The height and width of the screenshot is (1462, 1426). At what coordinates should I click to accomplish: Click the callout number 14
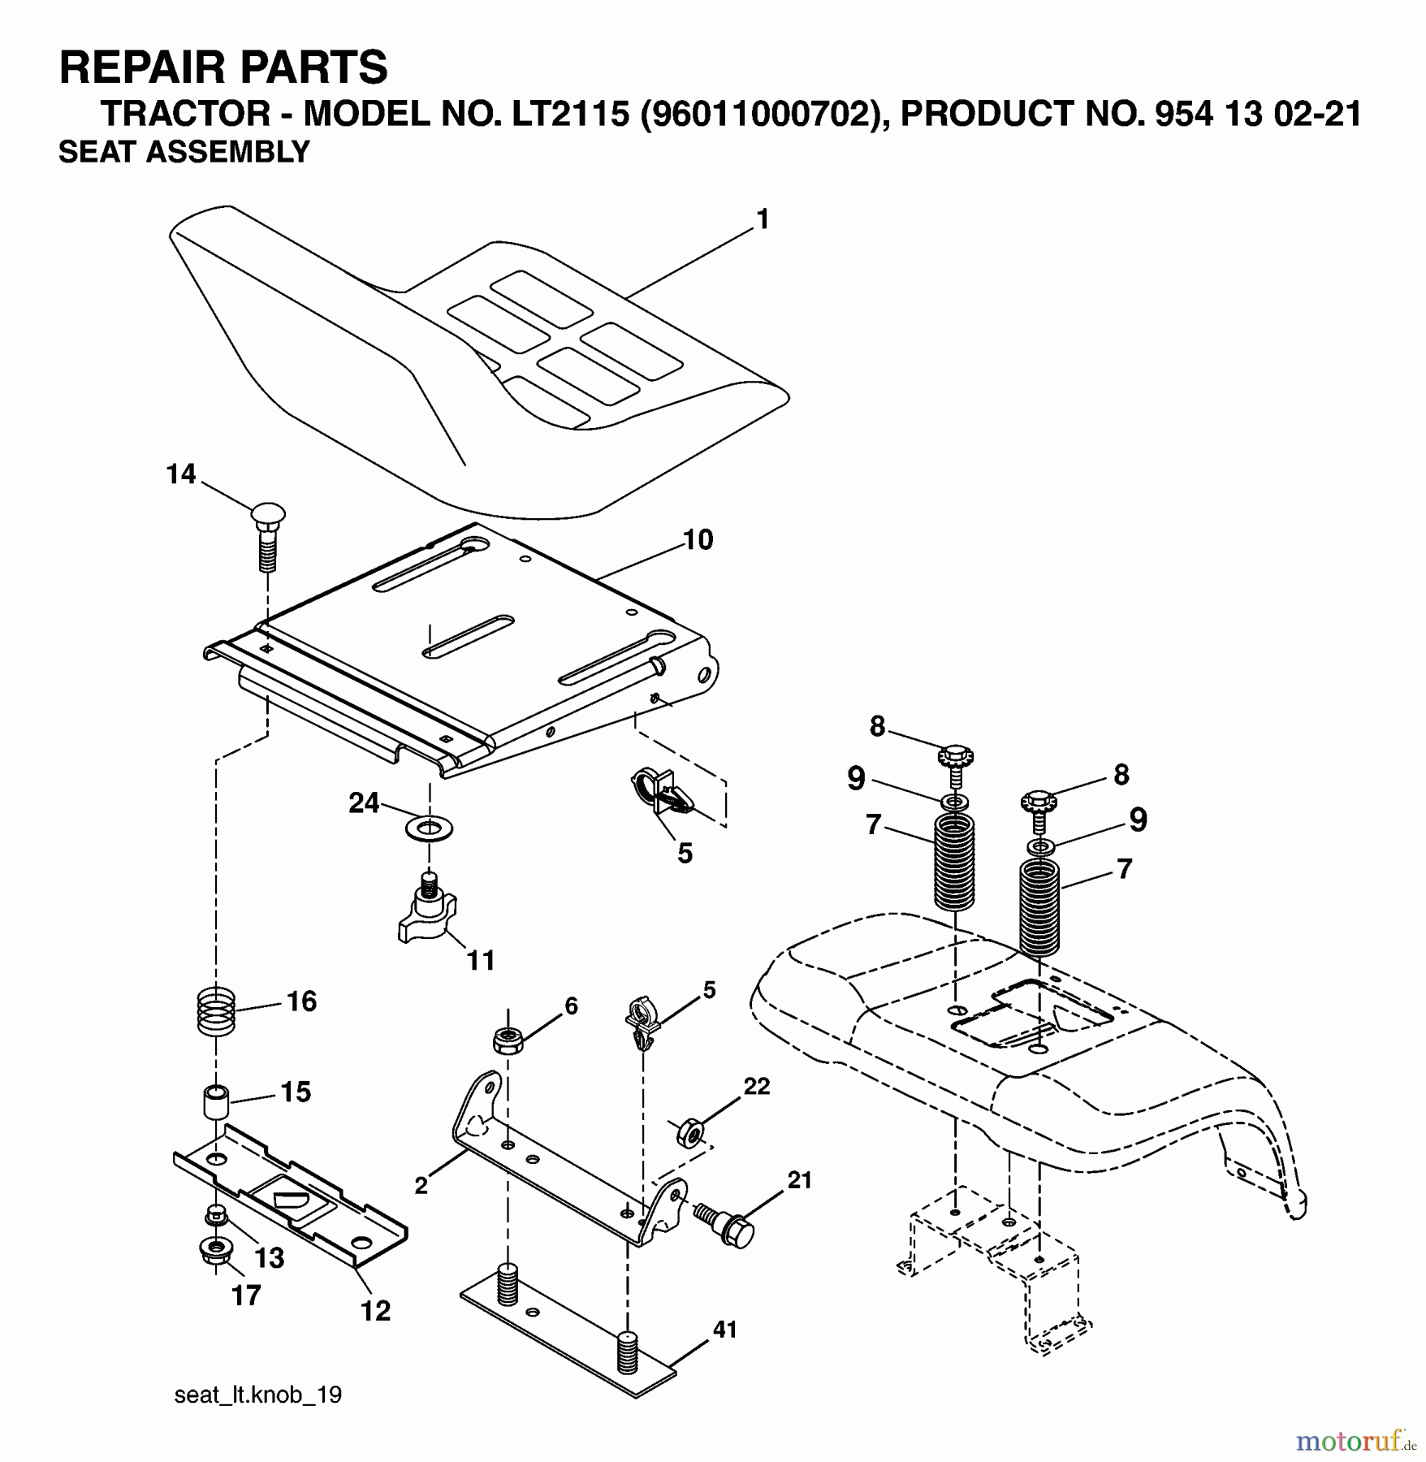(181, 474)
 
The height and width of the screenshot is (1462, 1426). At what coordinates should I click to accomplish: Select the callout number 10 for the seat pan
(698, 540)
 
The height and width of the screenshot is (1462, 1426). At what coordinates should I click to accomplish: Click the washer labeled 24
(428, 829)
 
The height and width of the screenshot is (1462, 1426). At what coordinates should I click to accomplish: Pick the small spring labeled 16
(216, 1010)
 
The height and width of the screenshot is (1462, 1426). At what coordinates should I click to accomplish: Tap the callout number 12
(376, 1310)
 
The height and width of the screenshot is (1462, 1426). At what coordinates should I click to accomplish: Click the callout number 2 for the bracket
(421, 1186)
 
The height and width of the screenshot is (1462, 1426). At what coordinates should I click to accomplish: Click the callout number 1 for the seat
(762, 220)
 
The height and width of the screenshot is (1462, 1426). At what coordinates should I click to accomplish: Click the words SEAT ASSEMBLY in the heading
(184, 152)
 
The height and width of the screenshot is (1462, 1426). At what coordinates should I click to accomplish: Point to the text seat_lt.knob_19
(258, 1395)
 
